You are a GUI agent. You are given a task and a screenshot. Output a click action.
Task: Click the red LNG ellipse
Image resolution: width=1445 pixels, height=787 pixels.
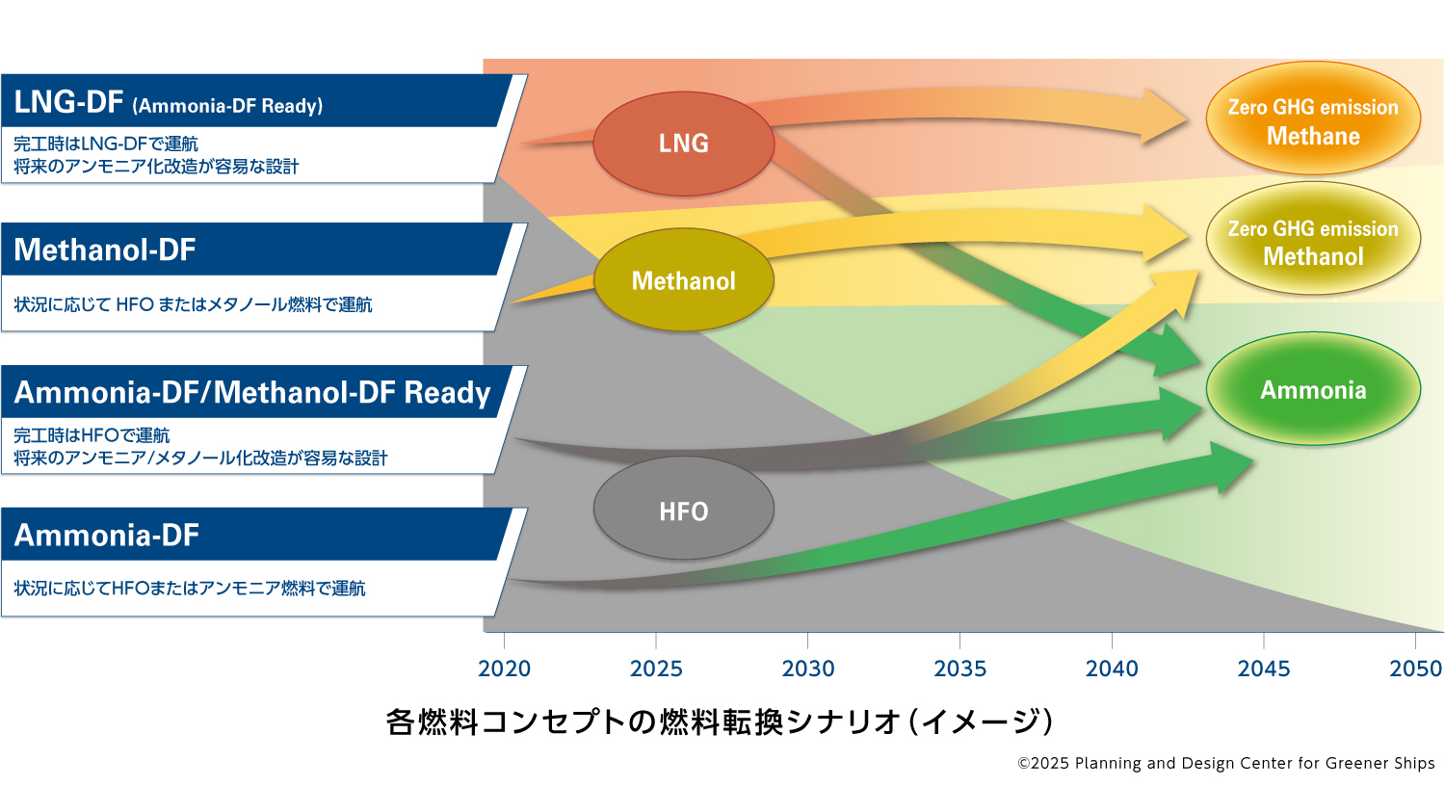click(x=684, y=144)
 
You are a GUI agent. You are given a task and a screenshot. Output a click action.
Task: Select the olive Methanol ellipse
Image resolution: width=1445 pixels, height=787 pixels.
click(x=684, y=280)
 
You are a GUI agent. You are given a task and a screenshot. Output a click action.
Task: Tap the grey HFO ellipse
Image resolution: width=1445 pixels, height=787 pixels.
click(x=684, y=509)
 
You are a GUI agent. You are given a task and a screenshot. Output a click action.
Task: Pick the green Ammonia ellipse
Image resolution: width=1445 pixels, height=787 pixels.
click(x=1313, y=388)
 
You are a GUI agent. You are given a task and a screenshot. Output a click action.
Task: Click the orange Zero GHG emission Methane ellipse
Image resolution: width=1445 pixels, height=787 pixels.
click(x=1313, y=118)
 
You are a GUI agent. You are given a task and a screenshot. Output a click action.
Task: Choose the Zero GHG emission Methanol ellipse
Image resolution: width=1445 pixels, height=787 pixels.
click(x=1313, y=239)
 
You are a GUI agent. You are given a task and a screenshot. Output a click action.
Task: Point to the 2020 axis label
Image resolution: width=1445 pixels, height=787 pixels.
click(x=505, y=669)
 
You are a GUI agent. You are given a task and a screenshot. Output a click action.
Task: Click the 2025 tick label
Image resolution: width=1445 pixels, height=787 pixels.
click(x=656, y=669)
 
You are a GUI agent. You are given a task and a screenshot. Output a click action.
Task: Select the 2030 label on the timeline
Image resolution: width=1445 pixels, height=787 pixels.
click(x=808, y=669)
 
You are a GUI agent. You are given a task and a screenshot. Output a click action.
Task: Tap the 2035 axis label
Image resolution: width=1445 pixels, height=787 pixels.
click(x=959, y=669)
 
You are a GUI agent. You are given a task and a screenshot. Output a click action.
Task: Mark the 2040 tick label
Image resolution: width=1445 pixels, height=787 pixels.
click(x=1112, y=669)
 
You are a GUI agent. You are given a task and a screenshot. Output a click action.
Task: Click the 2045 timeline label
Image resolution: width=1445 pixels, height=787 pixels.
click(x=1264, y=669)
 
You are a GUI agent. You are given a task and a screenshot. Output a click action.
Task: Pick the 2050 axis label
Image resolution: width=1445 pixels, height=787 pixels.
click(x=1415, y=669)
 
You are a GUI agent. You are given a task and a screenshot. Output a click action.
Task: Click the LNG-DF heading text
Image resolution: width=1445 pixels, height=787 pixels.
click(x=68, y=102)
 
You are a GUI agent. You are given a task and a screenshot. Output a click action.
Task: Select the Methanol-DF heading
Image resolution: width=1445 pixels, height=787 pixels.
click(x=104, y=249)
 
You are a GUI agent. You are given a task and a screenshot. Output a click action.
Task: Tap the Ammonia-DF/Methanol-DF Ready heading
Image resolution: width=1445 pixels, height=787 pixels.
click(x=252, y=392)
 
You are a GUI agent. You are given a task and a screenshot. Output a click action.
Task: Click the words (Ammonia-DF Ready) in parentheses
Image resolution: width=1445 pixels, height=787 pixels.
click(x=227, y=106)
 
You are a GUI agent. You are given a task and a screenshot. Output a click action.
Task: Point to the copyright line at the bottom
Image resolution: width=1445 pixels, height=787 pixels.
click(x=1225, y=763)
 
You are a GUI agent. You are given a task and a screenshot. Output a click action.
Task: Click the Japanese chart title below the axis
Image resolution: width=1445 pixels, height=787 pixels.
click(x=720, y=721)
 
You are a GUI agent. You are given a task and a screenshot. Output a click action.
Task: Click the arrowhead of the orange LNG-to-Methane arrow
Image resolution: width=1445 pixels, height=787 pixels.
click(x=1165, y=118)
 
